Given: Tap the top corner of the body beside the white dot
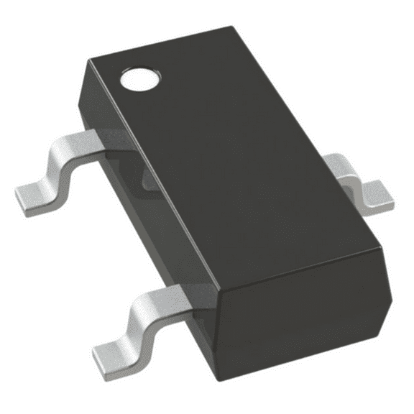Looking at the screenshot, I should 89,62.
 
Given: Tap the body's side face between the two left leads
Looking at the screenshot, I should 151,216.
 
